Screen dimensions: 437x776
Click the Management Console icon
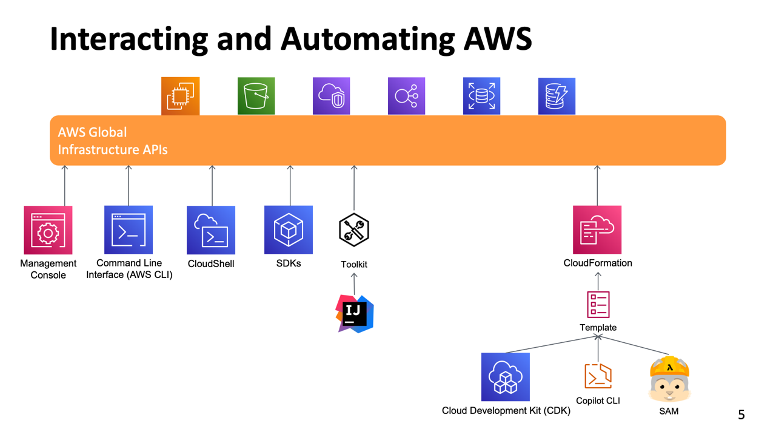(x=48, y=230)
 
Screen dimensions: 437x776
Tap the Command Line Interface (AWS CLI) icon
(x=129, y=229)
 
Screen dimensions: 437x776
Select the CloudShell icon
(x=211, y=230)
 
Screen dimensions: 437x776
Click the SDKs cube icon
(x=289, y=229)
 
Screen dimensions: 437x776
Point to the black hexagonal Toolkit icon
(x=354, y=229)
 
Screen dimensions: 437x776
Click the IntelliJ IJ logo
(x=355, y=313)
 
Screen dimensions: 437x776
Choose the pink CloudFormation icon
(x=597, y=229)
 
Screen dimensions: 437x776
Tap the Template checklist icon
(x=598, y=304)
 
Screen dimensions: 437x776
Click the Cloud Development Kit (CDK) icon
(x=505, y=377)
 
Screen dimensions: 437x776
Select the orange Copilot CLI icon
(x=598, y=376)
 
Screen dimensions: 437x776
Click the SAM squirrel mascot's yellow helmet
(x=669, y=366)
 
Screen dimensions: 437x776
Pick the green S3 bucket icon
(x=256, y=96)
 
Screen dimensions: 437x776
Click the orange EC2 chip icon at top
(x=181, y=96)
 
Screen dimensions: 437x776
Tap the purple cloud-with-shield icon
(x=331, y=96)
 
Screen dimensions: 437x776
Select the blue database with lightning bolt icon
(x=557, y=96)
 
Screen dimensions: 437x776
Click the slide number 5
(x=741, y=415)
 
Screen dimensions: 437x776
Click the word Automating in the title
(x=367, y=39)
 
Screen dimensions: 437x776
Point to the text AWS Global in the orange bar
(x=92, y=132)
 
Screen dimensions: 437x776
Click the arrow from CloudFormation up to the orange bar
(x=597, y=185)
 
